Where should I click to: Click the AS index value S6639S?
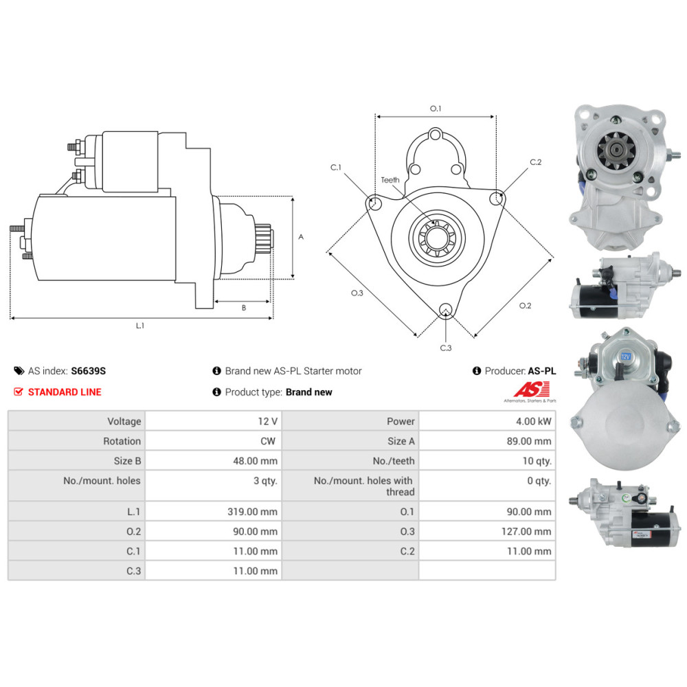coord(88,371)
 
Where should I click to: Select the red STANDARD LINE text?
coord(65,392)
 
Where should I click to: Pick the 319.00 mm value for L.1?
coord(252,511)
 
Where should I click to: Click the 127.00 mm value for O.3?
coord(526,532)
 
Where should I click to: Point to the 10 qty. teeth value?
coord(537,461)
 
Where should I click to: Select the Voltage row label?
coord(124,421)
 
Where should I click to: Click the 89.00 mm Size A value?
coord(529,441)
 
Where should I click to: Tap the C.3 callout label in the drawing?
coord(446,348)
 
